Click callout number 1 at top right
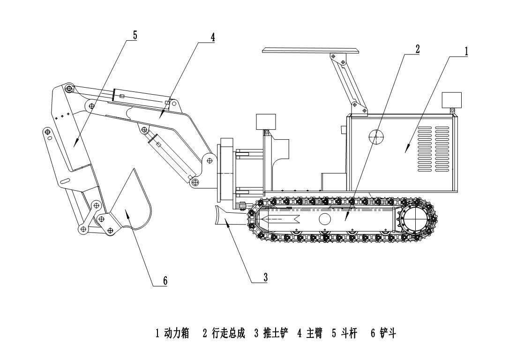click(466, 51)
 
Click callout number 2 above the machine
click(417, 48)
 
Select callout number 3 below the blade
click(265, 277)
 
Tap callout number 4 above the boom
click(213, 37)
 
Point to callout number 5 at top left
click(135, 35)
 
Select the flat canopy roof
click(311, 51)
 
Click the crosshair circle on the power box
click(376, 137)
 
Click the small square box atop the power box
click(452, 100)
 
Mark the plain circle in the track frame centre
click(325, 218)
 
